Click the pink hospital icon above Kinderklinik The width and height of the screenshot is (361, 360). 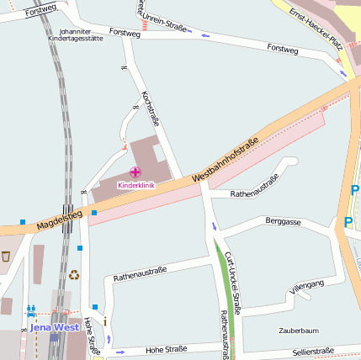pyautogui.click(x=135, y=172)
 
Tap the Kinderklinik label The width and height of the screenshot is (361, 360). pyautogui.click(x=135, y=185)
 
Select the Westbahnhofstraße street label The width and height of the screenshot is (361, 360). pyautogui.click(x=225, y=161)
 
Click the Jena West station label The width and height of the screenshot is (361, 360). pyautogui.click(x=54, y=326)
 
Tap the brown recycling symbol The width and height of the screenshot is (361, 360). pyautogui.click(x=74, y=273)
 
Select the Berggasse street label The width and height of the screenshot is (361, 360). pyautogui.click(x=283, y=221)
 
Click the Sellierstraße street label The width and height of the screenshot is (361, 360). pyautogui.click(x=314, y=350)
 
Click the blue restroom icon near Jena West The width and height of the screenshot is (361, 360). pyautogui.click(x=31, y=310)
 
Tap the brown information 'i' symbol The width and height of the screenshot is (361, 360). pyautogui.click(x=104, y=321)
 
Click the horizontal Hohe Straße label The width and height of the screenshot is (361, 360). pyautogui.click(x=166, y=349)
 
